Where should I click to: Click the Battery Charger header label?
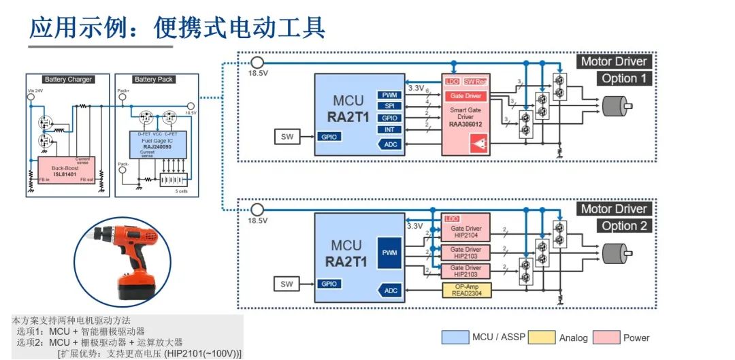(67, 80)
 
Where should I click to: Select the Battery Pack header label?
(154, 80)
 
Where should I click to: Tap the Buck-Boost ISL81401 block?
(67, 168)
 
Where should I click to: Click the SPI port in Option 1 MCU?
(390, 106)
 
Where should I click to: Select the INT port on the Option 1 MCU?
(390, 129)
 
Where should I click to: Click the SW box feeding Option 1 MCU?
(287, 137)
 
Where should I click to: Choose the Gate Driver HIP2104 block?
(466, 233)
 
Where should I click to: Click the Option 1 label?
(624, 78)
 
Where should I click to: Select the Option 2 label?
(624, 226)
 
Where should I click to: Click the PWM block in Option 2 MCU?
(390, 252)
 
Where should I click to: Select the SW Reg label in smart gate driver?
(476, 82)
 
